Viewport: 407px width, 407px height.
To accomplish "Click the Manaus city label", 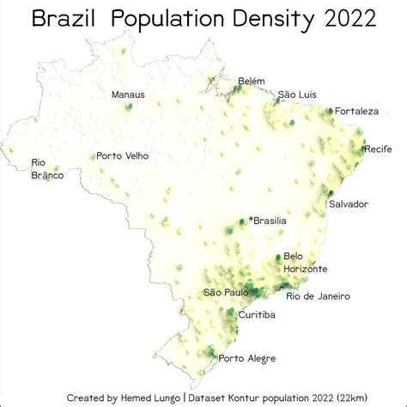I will (x=129, y=94).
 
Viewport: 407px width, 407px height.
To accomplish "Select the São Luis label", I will (x=298, y=94).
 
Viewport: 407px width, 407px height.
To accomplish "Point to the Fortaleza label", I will (x=355, y=111).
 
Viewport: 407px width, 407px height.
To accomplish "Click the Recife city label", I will (x=378, y=149).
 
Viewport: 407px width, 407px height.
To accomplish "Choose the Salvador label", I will (x=349, y=203).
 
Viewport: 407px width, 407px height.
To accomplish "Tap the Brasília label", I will (x=270, y=221).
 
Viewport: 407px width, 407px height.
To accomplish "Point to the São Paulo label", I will (x=226, y=292).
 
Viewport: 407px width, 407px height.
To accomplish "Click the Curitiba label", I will (x=257, y=315).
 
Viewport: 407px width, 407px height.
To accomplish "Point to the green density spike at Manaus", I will (x=129, y=106).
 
